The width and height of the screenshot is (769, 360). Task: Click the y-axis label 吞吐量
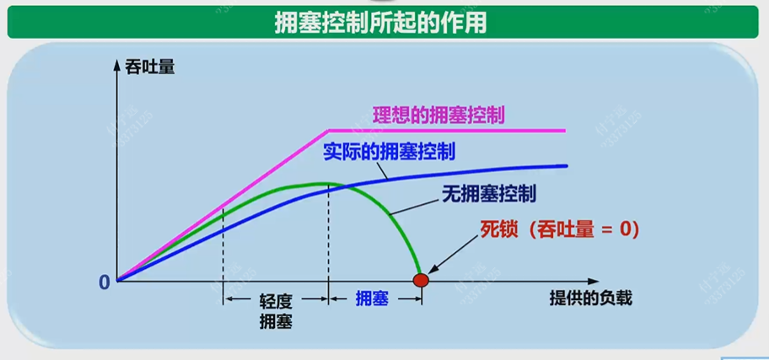point(150,66)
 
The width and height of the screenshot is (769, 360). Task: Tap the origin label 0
point(105,282)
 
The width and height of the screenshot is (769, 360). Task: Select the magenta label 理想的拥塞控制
point(438,114)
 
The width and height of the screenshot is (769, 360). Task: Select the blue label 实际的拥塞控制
point(389,153)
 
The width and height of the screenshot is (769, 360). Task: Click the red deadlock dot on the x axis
point(420,279)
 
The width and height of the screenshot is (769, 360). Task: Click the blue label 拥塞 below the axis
point(371,298)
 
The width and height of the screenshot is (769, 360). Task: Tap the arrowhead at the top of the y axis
point(118,65)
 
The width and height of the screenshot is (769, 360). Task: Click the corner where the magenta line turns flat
point(327,131)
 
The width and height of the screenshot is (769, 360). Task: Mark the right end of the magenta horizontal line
point(563,131)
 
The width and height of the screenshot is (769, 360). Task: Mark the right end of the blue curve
point(566,165)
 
